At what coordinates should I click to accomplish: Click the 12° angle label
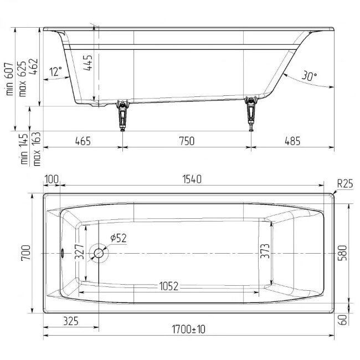coord(56,71)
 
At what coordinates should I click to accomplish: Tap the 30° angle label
coord(309,76)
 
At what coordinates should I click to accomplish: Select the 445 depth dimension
coord(88,63)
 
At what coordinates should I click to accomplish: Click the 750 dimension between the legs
coord(187,141)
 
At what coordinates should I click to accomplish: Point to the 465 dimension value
coord(83,141)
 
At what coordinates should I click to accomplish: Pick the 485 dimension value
coord(292,141)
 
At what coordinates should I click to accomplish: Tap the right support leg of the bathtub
coord(251,114)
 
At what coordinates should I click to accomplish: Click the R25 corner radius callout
coord(344,184)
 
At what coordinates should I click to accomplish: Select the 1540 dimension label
coord(192,179)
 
